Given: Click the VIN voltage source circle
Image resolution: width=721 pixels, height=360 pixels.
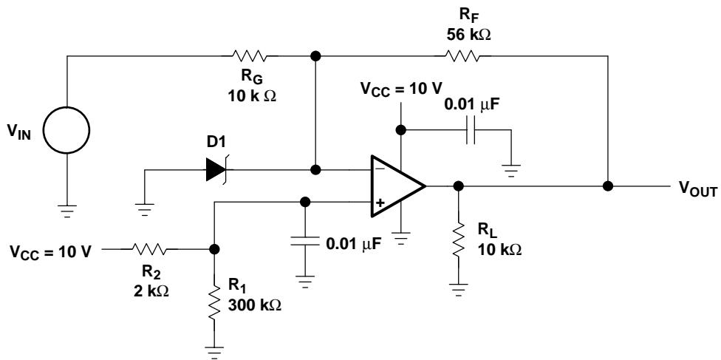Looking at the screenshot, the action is point(66,130).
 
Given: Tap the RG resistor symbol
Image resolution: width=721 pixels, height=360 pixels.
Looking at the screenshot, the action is point(249,56).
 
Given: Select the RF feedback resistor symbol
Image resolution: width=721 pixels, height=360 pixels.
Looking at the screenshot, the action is point(462,56).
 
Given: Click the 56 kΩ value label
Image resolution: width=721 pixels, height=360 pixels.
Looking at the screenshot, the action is point(468,35).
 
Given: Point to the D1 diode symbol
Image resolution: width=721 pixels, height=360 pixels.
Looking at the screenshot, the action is point(216,170).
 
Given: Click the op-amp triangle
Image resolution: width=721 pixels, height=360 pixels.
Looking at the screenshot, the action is point(398,186).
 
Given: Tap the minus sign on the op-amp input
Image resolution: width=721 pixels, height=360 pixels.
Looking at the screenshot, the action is point(380,169).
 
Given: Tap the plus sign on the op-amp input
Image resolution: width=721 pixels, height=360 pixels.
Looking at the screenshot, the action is point(380,203).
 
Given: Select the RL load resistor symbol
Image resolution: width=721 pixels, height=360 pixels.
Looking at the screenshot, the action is point(458,240).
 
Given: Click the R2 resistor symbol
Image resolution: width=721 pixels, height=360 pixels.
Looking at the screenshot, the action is point(149,249).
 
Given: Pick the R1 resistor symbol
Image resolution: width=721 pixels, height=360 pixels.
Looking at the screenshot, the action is point(213,303).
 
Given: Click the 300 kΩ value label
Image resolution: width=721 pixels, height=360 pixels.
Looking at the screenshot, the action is point(255,305).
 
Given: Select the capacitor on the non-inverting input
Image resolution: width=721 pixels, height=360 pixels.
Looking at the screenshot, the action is point(304,241).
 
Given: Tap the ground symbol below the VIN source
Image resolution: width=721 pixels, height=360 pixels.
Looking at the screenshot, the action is point(66,211).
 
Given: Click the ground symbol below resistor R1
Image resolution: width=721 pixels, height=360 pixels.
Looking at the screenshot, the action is point(213,352).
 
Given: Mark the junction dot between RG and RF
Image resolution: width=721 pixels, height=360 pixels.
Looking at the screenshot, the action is point(315,56).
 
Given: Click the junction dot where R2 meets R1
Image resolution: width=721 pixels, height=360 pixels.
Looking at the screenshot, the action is point(213,249).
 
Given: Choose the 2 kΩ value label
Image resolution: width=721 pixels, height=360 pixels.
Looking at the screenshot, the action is point(148,291).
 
